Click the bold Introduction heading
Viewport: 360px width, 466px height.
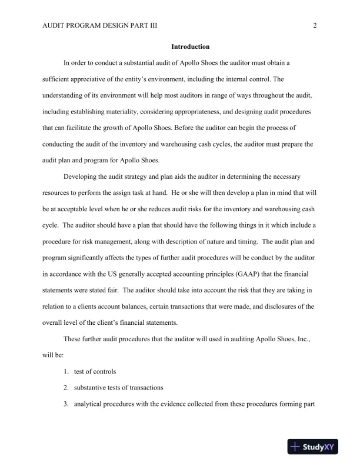click(190, 46)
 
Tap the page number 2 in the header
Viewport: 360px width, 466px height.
click(315, 25)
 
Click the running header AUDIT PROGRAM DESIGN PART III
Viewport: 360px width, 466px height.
click(100, 25)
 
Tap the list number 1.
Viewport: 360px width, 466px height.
click(67, 371)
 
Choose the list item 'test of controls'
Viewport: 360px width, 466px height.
click(95, 371)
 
